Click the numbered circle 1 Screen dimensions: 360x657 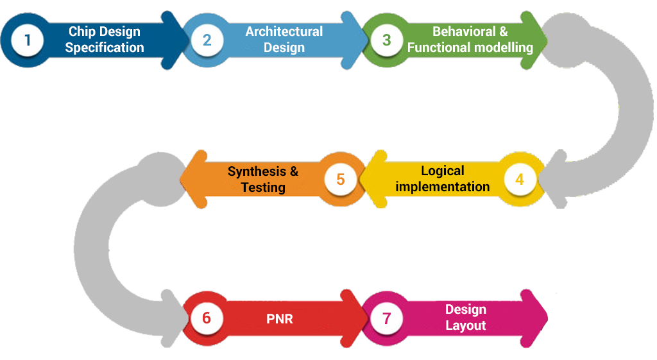click(x=27, y=40)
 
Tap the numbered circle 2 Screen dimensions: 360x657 click(x=207, y=40)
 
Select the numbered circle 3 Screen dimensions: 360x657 click(x=386, y=40)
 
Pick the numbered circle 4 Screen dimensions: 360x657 click(x=520, y=180)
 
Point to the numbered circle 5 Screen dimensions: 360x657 click(x=340, y=180)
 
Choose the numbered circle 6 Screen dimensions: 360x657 click(x=206, y=318)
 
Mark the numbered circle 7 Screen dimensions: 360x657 click(x=386, y=318)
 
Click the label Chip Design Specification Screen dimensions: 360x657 click(x=105, y=40)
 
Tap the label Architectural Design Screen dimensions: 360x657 click(x=284, y=40)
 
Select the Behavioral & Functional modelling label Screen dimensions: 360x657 click(x=470, y=40)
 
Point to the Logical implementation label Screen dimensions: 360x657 click(x=443, y=179)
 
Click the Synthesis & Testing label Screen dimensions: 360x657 click(x=263, y=179)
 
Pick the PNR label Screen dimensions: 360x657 click(x=280, y=318)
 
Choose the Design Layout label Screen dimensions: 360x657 click(x=466, y=318)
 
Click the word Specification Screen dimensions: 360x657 click(x=105, y=47)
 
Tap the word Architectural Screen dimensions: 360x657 click(x=284, y=32)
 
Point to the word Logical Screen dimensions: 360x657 click(x=443, y=171)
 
